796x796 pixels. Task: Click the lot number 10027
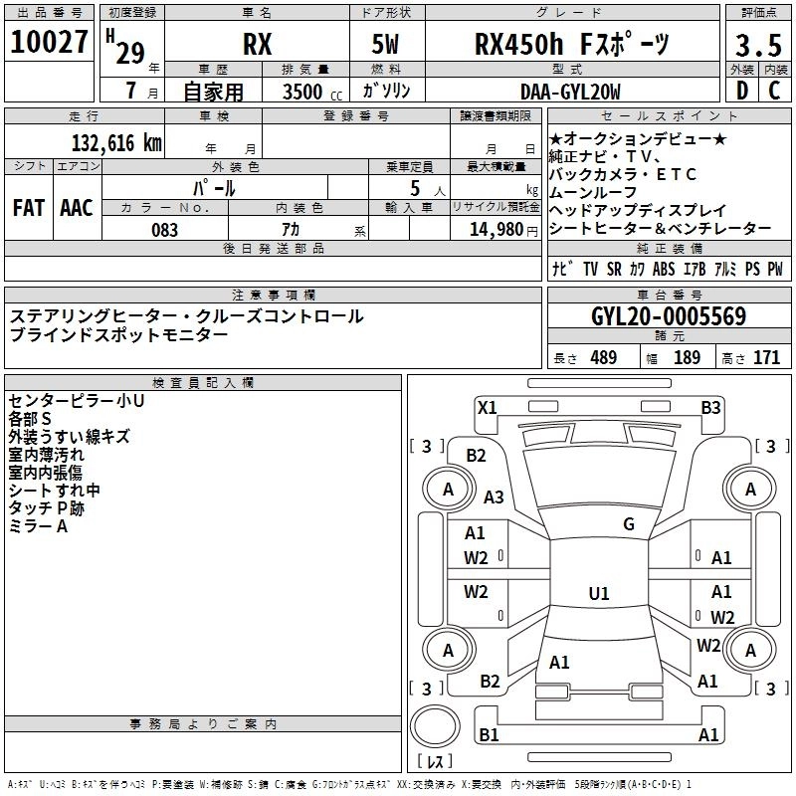tap(49, 45)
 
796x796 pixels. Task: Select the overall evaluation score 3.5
tap(758, 46)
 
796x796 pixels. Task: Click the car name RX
tap(257, 46)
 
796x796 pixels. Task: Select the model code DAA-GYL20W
tap(570, 92)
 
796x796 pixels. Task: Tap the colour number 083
tap(165, 230)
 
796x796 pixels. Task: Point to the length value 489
tap(603, 358)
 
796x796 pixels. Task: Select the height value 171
tap(766, 358)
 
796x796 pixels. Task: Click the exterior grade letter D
tap(741, 92)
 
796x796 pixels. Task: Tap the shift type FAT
tap(29, 208)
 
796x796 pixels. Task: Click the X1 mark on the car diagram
tap(488, 406)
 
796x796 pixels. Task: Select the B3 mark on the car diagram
tap(710, 407)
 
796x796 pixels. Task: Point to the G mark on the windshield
tap(629, 524)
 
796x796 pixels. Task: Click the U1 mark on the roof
tap(598, 594)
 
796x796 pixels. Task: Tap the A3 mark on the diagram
tap(494, 497)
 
